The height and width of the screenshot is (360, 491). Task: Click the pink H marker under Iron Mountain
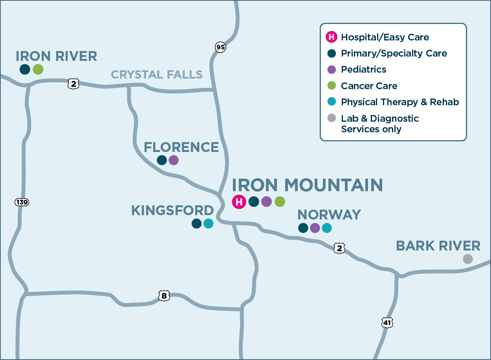point(238,202)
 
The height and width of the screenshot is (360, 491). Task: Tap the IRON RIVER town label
point(56,56)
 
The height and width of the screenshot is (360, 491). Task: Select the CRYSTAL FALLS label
point(157,74)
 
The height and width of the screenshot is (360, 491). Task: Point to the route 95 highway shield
point(221,47)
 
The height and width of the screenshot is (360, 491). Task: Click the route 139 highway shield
point(22,202)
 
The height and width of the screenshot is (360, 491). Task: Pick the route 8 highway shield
point(164,296)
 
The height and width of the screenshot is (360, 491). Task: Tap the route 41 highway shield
point(387,323)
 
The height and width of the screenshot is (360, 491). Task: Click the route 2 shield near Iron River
point(73,83)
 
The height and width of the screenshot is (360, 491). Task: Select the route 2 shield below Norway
point(339,248)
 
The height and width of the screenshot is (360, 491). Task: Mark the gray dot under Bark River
point(467,259)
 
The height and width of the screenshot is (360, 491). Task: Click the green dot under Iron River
point(38,69)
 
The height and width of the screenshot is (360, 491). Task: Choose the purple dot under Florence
point(174,160)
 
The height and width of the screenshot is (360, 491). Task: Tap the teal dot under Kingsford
point(208,223)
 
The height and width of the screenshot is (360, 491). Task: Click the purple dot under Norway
point(315,228)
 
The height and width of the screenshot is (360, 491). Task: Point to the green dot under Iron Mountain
point(280,202)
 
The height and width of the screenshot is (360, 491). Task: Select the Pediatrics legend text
point(363,69)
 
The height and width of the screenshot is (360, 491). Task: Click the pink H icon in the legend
point(332,37)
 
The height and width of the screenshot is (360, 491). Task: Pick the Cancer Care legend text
point(369,86)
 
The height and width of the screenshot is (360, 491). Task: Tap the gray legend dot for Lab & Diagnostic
point(332,118)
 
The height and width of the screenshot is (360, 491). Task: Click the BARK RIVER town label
point(438,246)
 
